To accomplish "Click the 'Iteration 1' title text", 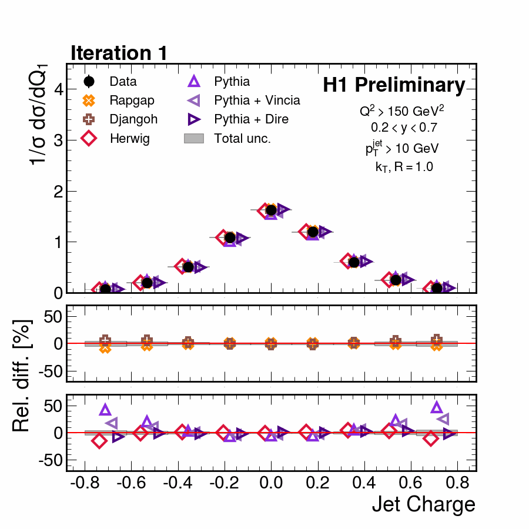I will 119,53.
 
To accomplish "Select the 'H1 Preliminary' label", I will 394,86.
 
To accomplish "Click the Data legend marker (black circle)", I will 89,82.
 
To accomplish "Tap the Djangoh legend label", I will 133,119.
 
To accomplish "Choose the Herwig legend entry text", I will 129,138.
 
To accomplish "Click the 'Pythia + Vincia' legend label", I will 257,101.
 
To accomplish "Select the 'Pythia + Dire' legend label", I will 252,119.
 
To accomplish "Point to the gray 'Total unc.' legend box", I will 194,138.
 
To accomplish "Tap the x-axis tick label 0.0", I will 270,484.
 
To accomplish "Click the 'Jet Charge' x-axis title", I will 423,504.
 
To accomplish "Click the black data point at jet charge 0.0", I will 271,210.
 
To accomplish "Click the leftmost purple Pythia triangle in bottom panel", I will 105,410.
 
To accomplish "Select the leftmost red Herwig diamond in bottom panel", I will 99,440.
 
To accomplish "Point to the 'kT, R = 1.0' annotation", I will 404,167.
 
